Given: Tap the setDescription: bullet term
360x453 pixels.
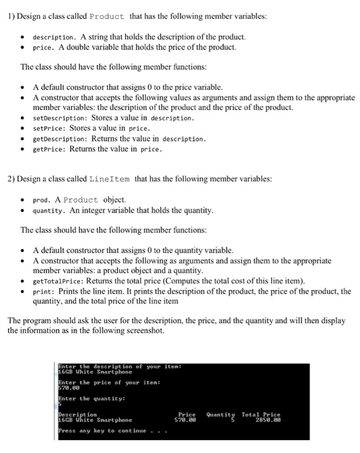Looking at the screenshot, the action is pos(60,118).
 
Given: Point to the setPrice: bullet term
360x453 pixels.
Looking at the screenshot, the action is pos(50,128).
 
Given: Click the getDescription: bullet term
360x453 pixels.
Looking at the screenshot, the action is pos(60,138).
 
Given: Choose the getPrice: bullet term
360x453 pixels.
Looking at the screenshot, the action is pos(50,148).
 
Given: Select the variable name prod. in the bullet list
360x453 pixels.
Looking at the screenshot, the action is pos(43,200).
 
